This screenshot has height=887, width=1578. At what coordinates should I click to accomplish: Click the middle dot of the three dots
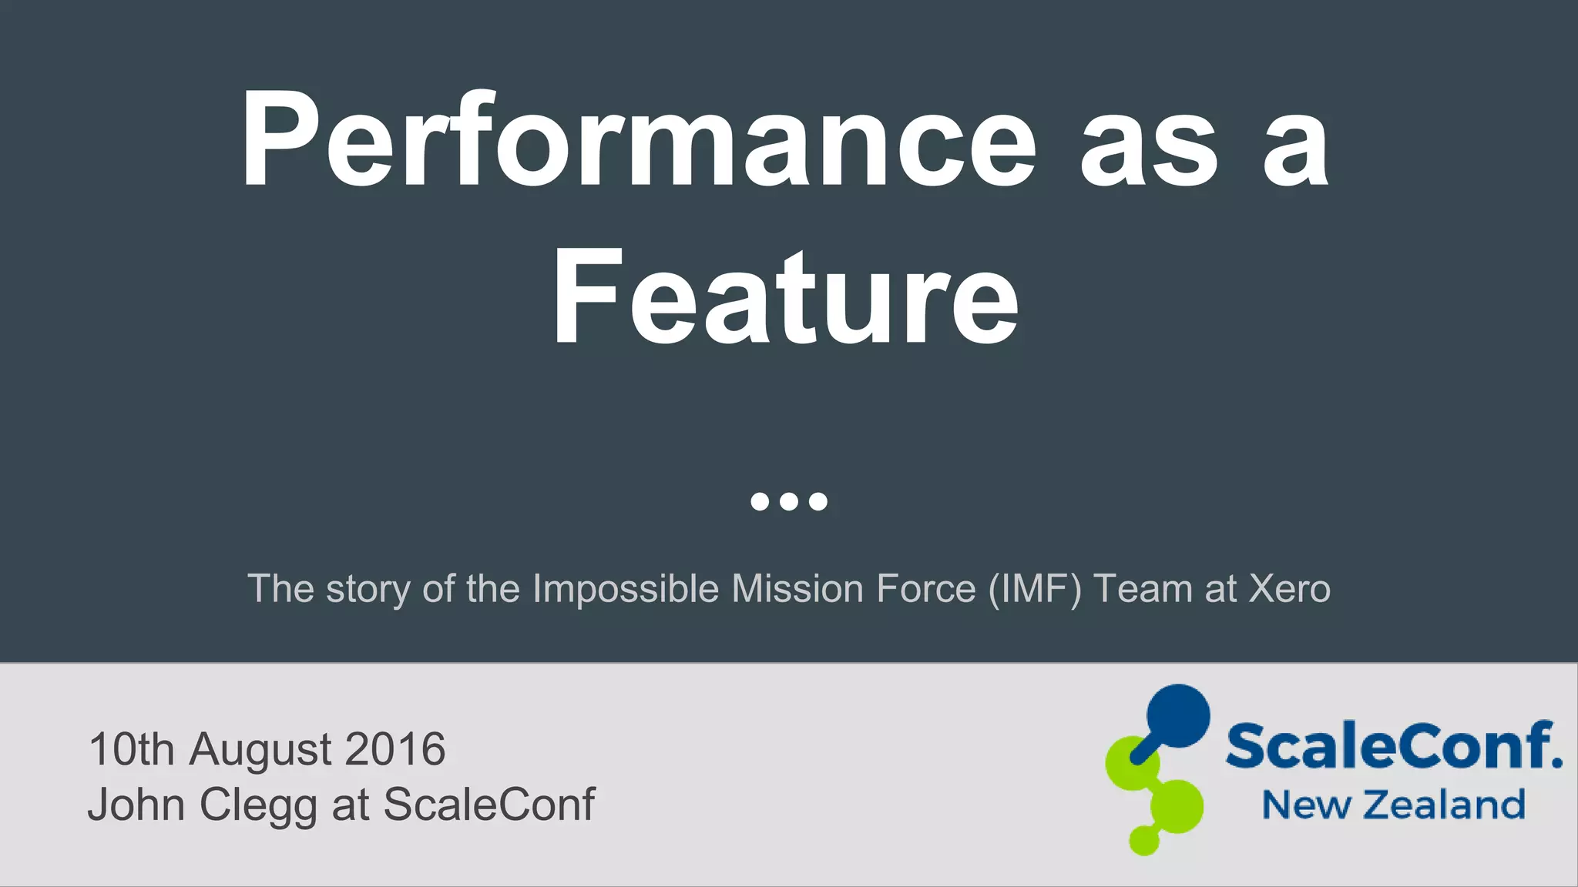pyautogui.click(x=788, y=501)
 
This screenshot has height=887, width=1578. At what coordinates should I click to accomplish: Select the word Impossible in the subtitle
pyautogui.click(x=626, y=589)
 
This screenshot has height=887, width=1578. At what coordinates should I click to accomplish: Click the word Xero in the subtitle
pyautogui.click(x=1289, y=589)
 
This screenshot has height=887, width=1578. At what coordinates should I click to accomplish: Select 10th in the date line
pyautogui.click(x=132, y=748)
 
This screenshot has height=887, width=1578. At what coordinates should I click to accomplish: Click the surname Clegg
pyautogui.click(x=258, y=805)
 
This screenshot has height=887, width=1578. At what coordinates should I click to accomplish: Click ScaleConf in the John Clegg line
pyautogui.click(x=489, y=805)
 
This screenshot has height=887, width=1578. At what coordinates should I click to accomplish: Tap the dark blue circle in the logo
pyautogui.click(x=1177, y=715)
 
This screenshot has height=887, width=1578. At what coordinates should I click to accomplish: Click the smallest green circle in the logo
pyautogui.click(x=1143, y=839)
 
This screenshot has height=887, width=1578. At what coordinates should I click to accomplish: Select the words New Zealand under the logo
pyautogui.click(x=1393, y=805)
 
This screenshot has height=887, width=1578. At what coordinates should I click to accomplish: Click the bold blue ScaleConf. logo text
pyautogui.click(x=1393, y=745)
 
